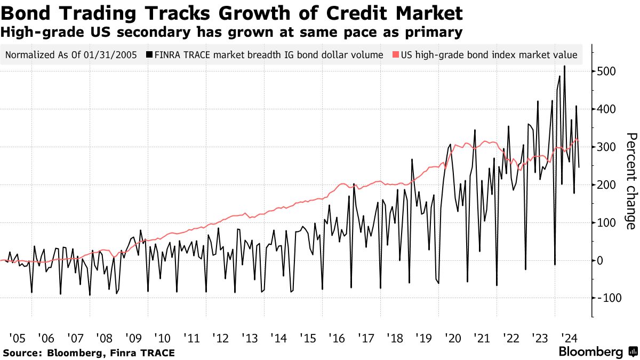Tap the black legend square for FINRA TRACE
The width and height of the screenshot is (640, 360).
149,55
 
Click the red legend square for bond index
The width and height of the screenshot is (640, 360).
395,55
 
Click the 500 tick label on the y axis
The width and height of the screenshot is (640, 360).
607,72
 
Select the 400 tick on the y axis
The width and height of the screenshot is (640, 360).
607,109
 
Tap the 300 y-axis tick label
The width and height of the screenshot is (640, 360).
607,147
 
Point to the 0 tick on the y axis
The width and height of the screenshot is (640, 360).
600,260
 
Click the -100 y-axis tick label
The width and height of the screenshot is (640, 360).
605,298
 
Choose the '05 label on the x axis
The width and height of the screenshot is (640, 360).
17,338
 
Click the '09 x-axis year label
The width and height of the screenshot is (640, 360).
132,338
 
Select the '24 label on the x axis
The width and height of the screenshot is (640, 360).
569,338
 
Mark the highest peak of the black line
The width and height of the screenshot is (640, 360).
564,66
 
